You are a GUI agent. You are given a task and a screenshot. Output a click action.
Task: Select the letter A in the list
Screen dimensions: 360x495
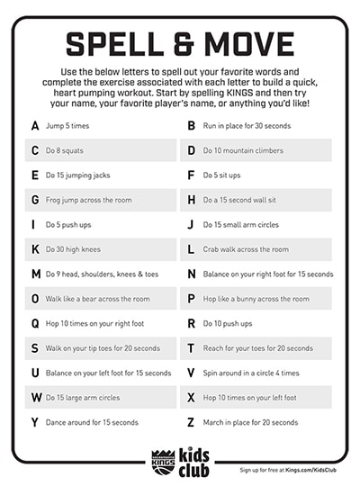pos(34,125)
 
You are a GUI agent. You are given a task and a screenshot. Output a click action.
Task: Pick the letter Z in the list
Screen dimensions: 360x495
pos(191,422)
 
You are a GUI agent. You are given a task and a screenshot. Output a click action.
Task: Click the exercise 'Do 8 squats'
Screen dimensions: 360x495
pos(65,150)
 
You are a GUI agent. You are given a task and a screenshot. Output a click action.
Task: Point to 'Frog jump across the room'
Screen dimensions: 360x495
pos(87,200)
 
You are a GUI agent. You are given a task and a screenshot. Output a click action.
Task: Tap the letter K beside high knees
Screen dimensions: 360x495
pos(34,249)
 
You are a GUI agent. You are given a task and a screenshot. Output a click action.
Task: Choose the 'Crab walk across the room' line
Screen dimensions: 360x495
pos(246,249)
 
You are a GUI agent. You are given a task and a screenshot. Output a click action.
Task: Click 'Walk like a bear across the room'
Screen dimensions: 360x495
pos(97,299)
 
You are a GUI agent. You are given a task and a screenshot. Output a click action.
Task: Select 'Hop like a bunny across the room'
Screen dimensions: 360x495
pos(256,299)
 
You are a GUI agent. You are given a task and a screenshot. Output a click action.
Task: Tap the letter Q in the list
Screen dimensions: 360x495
pos(34,323)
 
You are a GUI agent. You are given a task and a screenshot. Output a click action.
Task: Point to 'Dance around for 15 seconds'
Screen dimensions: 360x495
pos(92,422)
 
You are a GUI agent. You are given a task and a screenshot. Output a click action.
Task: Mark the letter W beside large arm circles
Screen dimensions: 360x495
pos(36,397)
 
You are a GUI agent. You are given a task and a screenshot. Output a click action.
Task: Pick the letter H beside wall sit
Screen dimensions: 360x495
pos(191,200)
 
